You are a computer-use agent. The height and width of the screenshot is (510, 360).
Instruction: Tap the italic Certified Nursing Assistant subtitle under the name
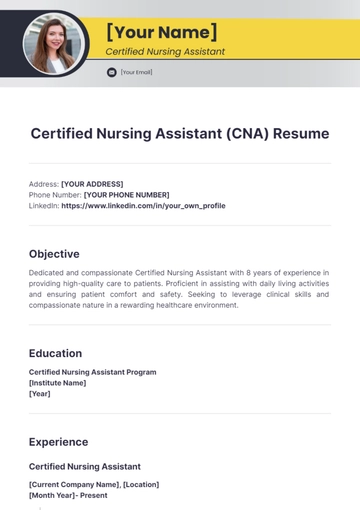[165, 52]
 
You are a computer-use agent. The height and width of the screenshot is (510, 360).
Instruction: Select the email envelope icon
[112, 72]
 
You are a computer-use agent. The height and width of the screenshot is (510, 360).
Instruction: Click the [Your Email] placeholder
[137, 72]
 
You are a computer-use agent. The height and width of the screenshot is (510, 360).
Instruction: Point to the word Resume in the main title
[300, 133]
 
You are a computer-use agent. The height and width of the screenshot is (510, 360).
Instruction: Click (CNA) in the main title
[240, 133]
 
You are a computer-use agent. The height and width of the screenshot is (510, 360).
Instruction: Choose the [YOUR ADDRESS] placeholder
[92, 184]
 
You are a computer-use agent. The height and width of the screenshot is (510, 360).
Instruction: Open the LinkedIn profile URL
[143, 206]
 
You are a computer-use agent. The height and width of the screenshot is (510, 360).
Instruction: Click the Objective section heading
[54, 254]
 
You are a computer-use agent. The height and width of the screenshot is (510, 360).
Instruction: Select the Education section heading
[55, 353]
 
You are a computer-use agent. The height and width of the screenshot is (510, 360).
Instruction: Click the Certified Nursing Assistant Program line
[92, 372]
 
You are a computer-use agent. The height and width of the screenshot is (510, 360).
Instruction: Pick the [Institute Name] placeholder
[57, 383]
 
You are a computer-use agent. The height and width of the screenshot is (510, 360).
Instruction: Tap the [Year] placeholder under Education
[40, 394]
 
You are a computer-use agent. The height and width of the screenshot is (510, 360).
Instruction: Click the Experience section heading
[58, 442]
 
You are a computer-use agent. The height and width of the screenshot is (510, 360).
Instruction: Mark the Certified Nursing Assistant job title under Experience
[85, 466]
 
